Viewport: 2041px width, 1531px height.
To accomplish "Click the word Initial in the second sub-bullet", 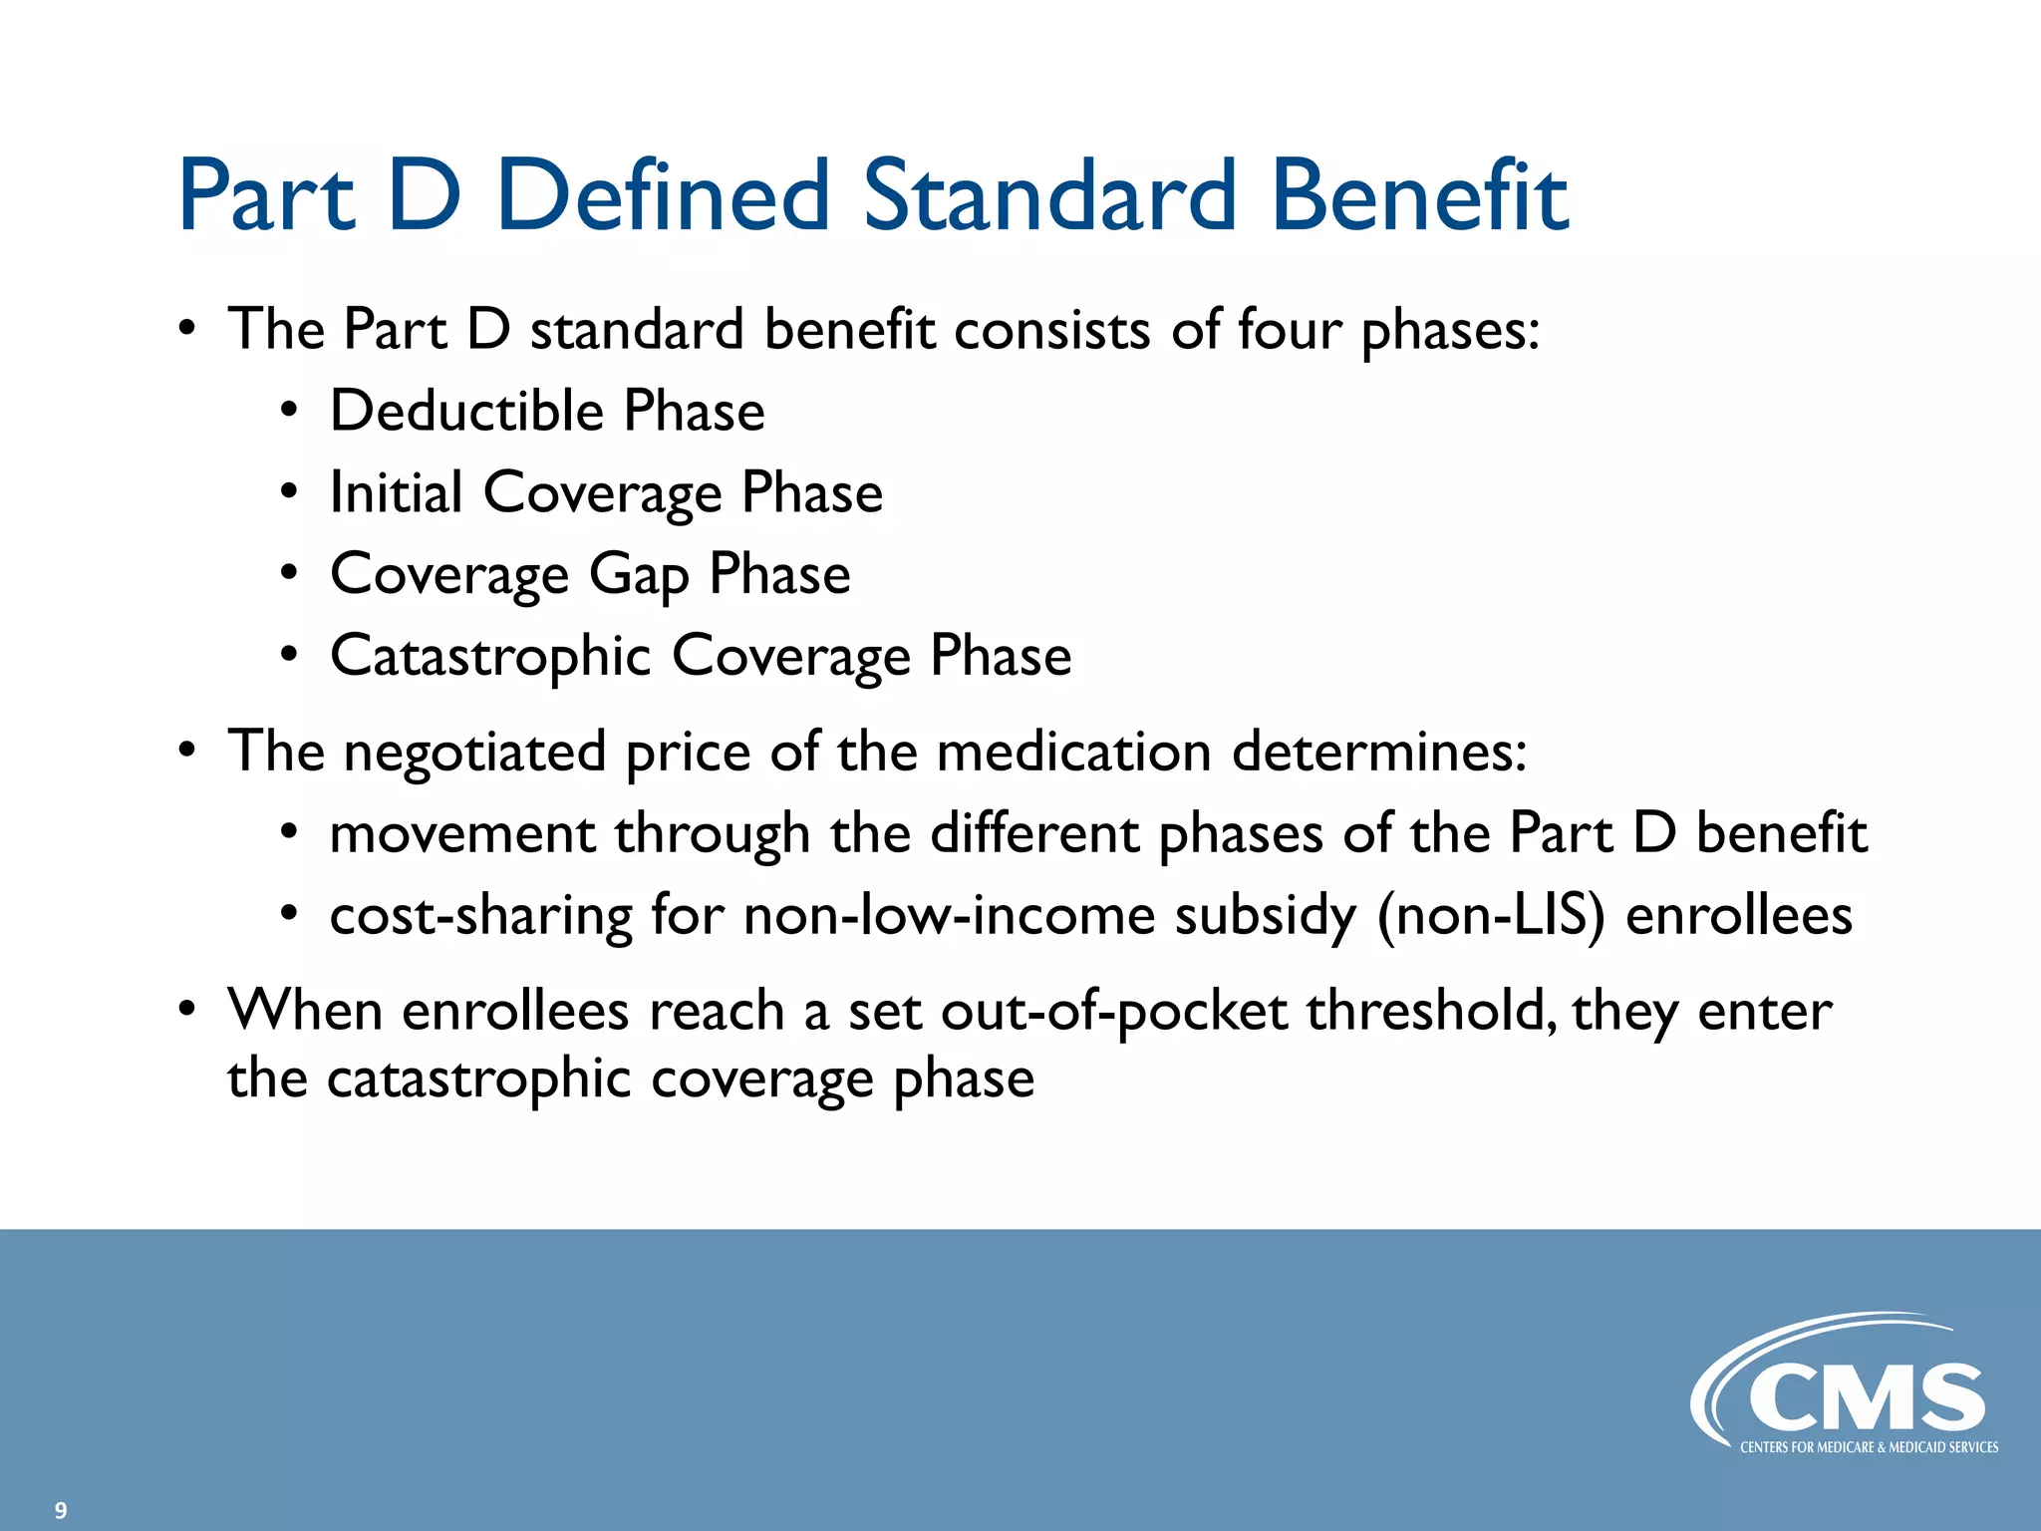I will (396, 492).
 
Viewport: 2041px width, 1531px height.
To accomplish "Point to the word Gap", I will (638, 576).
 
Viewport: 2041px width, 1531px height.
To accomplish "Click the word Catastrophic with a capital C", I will (490, 657).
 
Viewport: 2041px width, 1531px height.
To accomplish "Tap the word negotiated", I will (474, 753).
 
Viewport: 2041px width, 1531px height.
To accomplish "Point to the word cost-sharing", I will (480, 916).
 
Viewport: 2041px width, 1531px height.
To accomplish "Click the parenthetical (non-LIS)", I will (1490, 916).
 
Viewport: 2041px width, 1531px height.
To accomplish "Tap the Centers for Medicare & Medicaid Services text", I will (1869, 1447).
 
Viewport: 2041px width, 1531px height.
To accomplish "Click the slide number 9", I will (61, 1510).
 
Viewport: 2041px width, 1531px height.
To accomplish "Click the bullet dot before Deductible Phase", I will (288, 411).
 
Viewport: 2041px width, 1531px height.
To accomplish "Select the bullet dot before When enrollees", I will (186, 1010).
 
